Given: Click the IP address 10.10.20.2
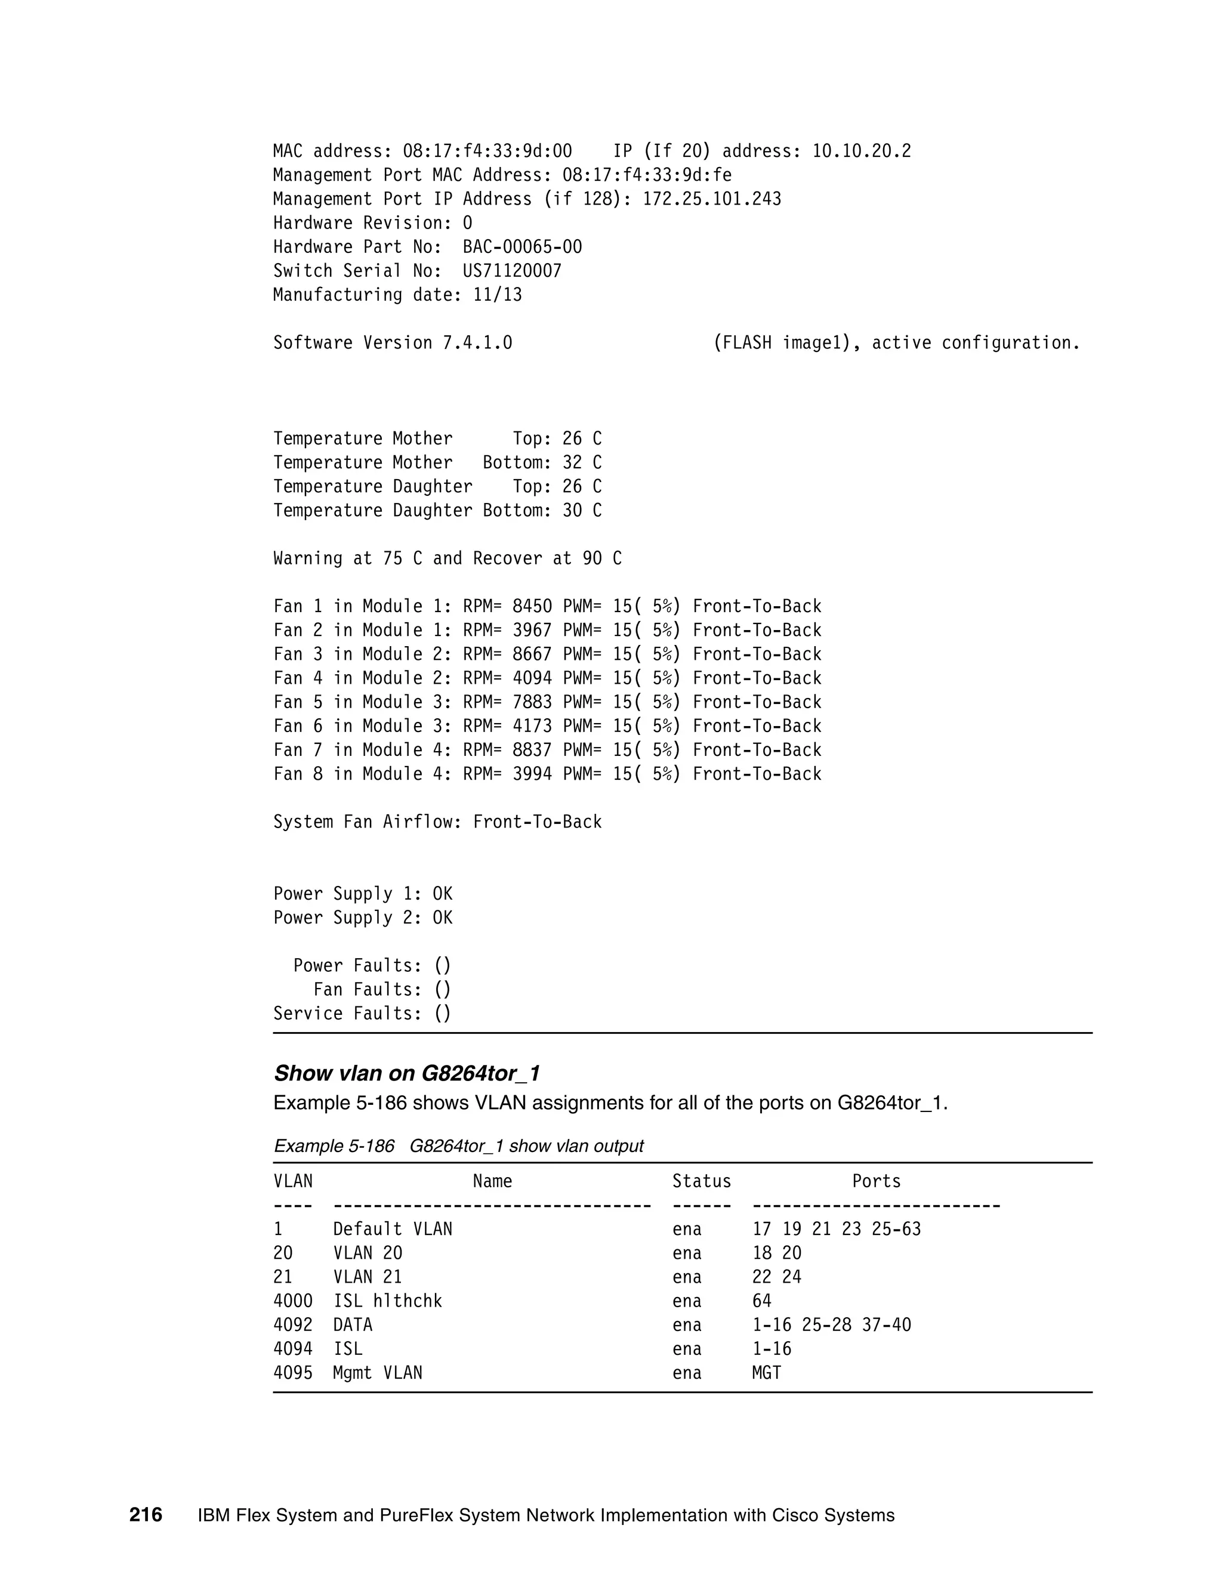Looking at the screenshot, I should point(861,152).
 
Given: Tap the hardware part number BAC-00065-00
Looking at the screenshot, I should point(522,247).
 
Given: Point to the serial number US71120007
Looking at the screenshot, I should point(512,271).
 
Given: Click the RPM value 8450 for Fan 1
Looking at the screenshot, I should point(532,606).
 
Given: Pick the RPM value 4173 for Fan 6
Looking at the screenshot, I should point(532,726).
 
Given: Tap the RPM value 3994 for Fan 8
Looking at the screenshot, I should point(532,774).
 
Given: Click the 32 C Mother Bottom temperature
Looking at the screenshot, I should point(581,462).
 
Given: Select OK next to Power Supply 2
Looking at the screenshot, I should point(442,918).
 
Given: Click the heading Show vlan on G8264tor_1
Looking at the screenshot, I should point(407,1073).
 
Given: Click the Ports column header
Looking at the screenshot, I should point(876,1181).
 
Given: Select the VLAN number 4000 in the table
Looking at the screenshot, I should point(292,1301).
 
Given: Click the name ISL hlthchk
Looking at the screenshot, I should point(387,1301).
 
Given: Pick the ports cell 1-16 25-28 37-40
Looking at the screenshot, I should point(831,1324).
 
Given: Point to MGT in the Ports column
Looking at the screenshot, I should point(767,1373).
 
